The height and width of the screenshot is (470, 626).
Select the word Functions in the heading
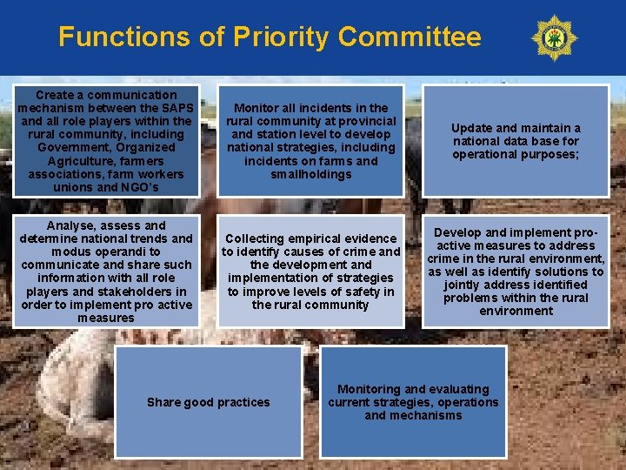pyautogui.click(x=123, y=37)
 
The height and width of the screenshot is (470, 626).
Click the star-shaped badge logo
pyautogui.click(x=554, y=37)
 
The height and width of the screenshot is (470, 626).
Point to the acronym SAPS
pyautogui.click(x=176, y=108)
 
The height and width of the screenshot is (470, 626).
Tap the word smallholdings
pyautogui.click(x=310, y=174)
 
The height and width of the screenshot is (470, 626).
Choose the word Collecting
pyautogui.click(x=255, y=238)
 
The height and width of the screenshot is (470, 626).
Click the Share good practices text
pyautogui.click(x=208, y=402)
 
